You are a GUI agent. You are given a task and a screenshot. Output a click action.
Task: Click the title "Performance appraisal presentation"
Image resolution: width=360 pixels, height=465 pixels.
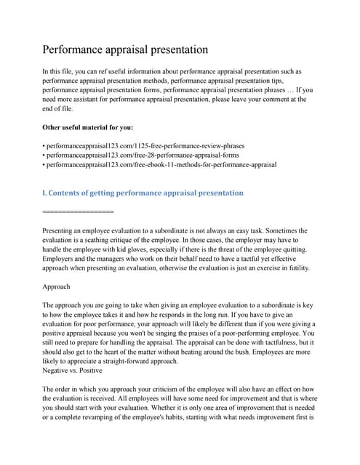pyautogui.click(x=126, y=50)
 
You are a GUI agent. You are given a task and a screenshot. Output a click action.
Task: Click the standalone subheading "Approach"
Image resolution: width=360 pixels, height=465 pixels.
pyautogui.click(x=57, y=286)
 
